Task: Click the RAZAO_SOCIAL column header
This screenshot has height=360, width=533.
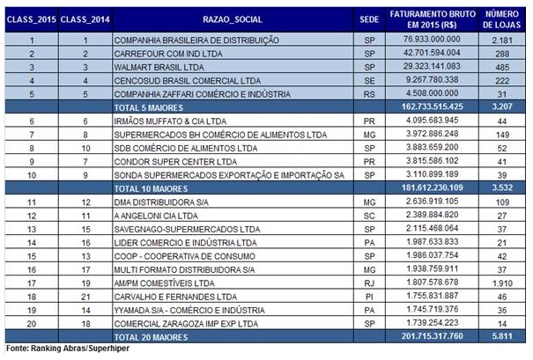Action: [233, 19]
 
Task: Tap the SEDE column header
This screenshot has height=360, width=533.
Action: [369, 19]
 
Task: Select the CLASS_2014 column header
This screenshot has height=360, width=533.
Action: [85, 19]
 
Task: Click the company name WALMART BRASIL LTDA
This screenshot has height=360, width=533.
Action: [159, 67]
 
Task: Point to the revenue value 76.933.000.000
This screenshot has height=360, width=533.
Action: [432, 39]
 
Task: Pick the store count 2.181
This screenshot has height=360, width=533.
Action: [502, 40]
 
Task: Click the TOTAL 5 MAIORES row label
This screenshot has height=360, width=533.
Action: [149, 107]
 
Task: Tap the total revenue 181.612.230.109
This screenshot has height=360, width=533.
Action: [432, 187]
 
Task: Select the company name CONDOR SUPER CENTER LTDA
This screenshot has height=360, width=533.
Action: [175, 162]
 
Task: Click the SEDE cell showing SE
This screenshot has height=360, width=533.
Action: [369, 81]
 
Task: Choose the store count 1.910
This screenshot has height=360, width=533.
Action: [502, 283]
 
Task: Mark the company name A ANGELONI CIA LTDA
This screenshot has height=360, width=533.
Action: [156, 216]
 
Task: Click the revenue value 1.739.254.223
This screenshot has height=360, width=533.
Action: [433, 323]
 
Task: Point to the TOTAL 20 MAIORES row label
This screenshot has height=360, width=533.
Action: [151, 337]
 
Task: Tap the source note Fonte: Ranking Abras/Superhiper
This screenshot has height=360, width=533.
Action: [68, 349]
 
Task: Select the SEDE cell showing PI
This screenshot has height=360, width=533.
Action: [369, 297]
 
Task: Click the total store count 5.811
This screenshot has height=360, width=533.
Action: [502, 336]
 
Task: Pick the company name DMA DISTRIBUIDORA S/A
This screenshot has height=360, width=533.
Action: [161, 202]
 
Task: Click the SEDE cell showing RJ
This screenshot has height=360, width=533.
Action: [369, 283]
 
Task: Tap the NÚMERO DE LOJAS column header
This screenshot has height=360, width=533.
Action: [502, 19]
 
